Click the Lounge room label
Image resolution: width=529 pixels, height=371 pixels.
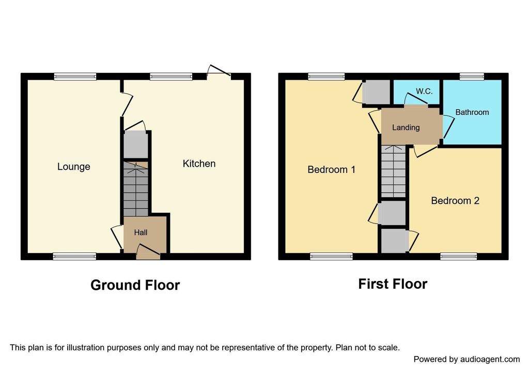(73, 167)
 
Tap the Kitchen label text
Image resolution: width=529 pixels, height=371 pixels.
(199, 164)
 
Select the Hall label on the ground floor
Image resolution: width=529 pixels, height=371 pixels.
(141, 232)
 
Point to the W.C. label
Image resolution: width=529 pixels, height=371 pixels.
(424, 91)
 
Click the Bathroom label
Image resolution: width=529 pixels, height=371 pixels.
(472, 112)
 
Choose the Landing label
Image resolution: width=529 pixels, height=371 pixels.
(406, 127)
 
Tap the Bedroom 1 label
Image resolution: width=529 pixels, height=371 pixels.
(331, 169)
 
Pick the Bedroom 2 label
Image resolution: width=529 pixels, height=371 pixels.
(455, 201)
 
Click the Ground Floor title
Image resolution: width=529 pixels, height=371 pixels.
(135, 285)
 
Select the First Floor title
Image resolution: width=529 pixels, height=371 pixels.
(393, 284)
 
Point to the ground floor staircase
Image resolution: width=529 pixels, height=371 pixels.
(136, 189)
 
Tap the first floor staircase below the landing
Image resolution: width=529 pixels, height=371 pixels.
(393, 171)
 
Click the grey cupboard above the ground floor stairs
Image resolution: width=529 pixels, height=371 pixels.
(136, 144)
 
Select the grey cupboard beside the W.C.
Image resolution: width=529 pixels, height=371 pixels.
(376, 92)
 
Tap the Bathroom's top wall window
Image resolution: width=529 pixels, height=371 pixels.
(472, 77)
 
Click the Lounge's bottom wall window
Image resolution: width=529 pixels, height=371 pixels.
(74, 257)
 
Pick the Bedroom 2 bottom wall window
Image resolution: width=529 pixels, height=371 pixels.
(459, 257)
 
